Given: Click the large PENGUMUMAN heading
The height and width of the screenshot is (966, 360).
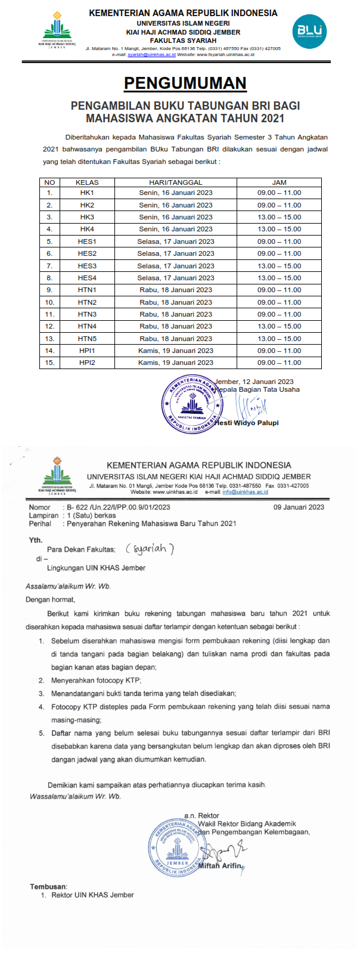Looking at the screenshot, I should click(x=185, y=83).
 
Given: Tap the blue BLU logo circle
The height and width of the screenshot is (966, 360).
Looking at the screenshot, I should click(x=309, y=32).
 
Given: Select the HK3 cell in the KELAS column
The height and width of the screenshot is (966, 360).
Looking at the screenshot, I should click(x=87, y=217).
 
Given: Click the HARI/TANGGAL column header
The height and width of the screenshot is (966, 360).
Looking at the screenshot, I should click(x=176, y=182).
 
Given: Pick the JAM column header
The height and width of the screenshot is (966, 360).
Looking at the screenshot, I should click(x=279, y=182).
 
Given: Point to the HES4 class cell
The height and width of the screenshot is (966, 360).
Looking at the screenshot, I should click(x=87, y=278).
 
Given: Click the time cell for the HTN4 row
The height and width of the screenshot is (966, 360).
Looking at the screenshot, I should click(x=279, y=326).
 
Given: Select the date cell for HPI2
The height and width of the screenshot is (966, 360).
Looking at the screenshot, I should click(x=176, y=363).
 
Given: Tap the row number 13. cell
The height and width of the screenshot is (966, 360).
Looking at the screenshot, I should click(x=49, y=339).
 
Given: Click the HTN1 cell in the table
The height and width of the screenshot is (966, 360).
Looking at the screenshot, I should click(x=87, y=290).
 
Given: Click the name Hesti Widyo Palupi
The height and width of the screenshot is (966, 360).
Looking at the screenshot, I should click(x=247, y=423).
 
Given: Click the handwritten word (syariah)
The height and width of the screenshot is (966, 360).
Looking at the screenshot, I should click(x=150, y=549).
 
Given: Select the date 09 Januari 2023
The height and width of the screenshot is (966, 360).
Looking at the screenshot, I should click(x=299, y=507).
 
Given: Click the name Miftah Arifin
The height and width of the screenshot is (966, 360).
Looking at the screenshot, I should click(x=219, y=866).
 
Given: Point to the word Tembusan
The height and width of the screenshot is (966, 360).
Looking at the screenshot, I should click(x=48, y=887).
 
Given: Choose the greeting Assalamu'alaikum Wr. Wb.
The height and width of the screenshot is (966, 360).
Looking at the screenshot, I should click(x=69, y=586).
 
